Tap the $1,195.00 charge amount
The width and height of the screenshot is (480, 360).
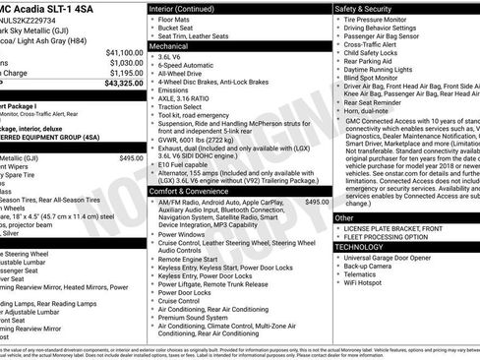pos(122,72)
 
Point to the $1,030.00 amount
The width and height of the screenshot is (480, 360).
pos(122,61)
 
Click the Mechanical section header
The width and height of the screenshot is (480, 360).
pos(169,45)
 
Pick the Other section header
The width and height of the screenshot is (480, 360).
pos(344,217)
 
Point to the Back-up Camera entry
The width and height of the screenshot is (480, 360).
pos(373,268)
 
